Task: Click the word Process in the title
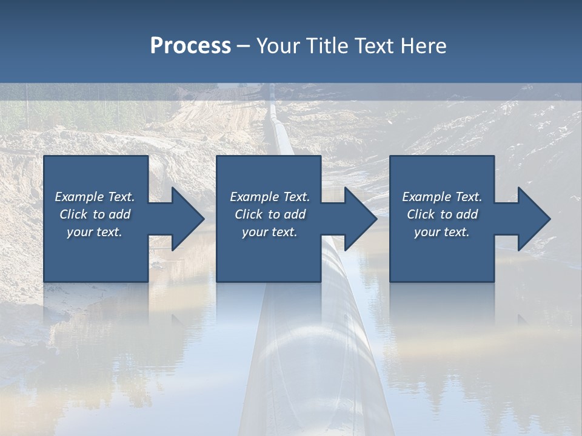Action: (x=190, y=45)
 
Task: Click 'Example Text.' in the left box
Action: (x=95, y=197)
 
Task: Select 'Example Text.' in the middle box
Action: (x=270, y=197)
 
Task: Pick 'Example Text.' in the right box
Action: (x=442, y=197)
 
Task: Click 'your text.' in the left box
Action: (x=95, y=232)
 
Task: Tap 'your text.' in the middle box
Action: (x=270, y=232)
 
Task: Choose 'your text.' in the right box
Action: (x=442, y=232)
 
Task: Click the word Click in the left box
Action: (x=73, y=214)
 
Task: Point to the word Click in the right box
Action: (x=421, y=214)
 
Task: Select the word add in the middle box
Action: (x=295, y=214)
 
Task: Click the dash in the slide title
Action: (x=243, y=46)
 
